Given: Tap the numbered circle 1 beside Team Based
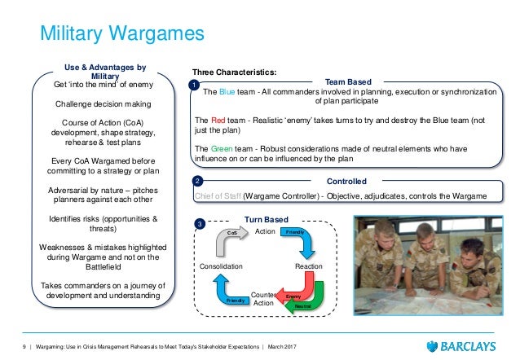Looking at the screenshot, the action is click(194, 86).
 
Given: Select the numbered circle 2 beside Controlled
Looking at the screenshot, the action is click(196, 181).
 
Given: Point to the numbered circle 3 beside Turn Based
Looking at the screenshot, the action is click(200, 223).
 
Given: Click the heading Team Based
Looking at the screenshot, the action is click(348, 82).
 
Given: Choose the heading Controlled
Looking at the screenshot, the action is click(346, 180).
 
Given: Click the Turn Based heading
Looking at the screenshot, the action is click(267, 219).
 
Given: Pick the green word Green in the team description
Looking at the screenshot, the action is click(226, 148).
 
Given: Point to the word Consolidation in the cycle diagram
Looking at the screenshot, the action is click(222, 266).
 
